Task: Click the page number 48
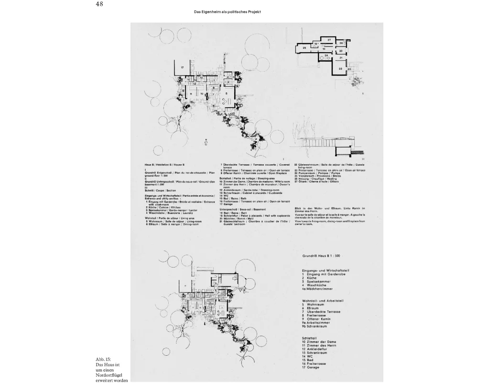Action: click(99, 4)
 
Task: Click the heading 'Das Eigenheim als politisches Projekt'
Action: click(228, 11)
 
